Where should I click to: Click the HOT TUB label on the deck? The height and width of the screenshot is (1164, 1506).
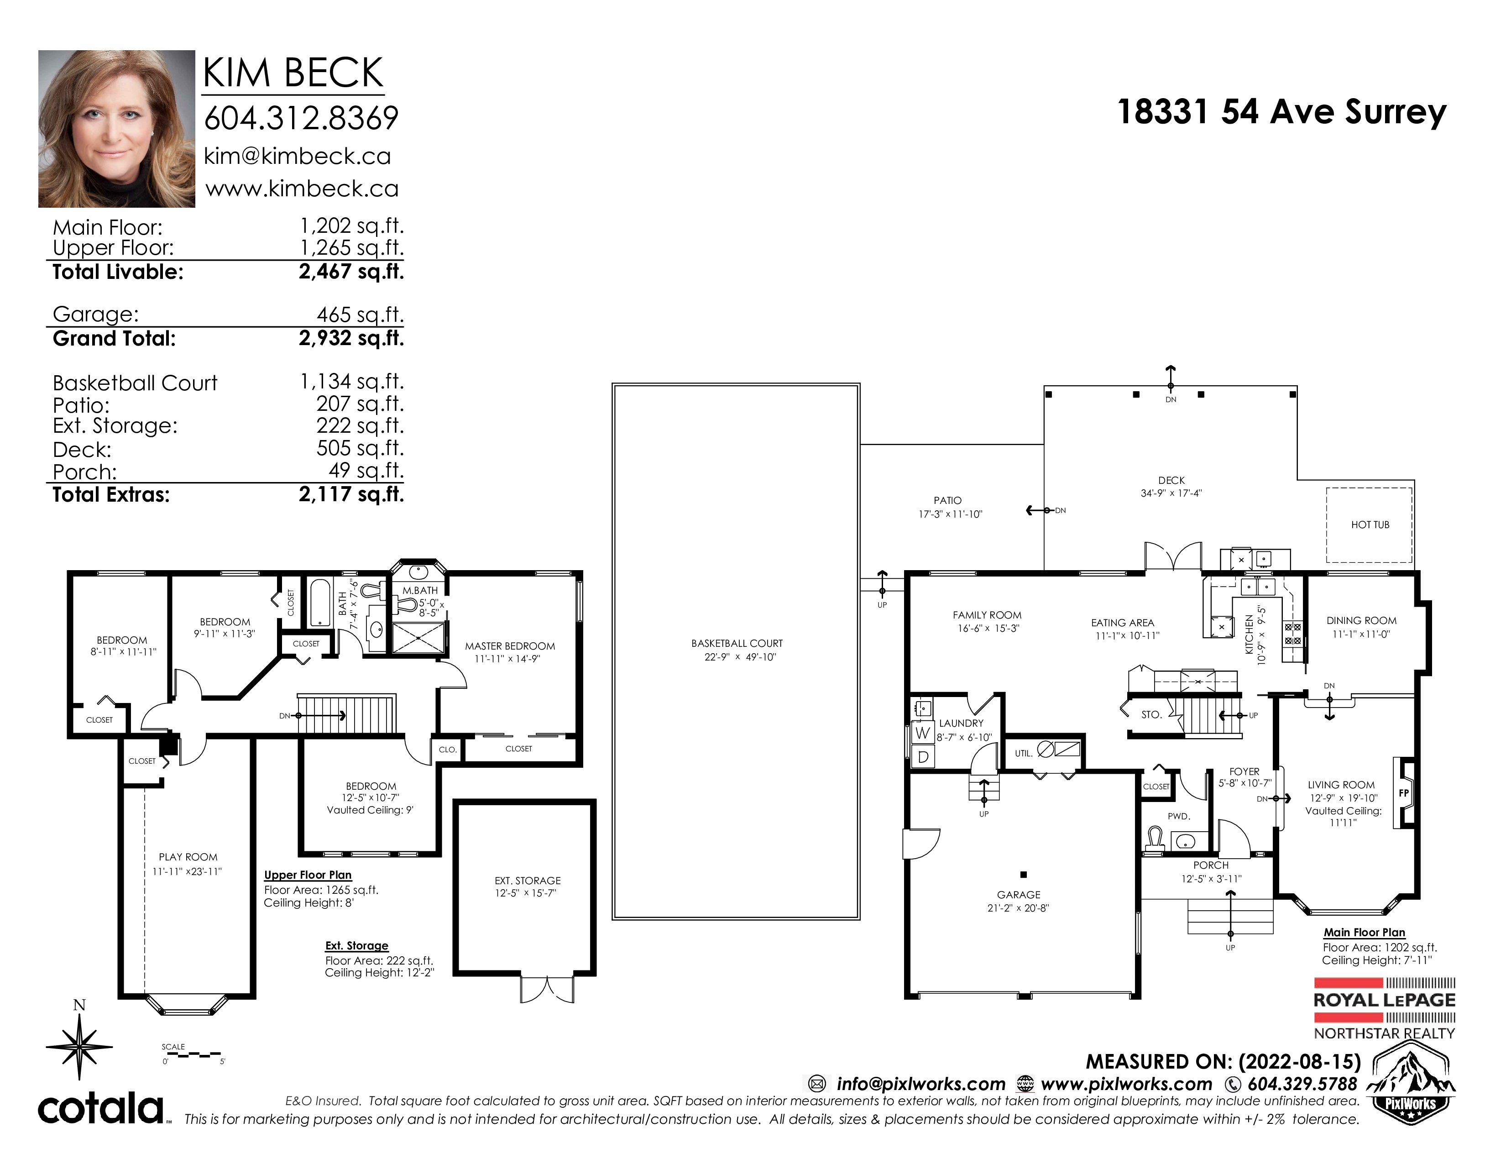[1370, 525]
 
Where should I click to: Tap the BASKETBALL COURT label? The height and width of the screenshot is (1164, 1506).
[737, 643]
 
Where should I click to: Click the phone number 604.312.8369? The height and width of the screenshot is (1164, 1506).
[301, 118]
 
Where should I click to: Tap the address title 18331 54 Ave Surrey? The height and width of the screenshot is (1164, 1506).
[1281, 112]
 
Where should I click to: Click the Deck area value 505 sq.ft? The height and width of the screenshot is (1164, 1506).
[360, 448]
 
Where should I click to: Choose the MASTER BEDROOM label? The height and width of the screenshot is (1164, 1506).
[510, 646]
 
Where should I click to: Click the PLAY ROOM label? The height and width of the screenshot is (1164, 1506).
[188, 857]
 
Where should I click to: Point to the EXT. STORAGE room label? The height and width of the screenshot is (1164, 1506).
[528, 881]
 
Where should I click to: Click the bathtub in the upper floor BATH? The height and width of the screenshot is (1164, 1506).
[320, 602]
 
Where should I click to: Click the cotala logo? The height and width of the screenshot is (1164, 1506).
[101, 1109]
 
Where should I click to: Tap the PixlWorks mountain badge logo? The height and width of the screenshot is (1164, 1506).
[1410, 1083]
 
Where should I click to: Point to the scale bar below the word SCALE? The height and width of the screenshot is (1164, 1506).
[192, 1054]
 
